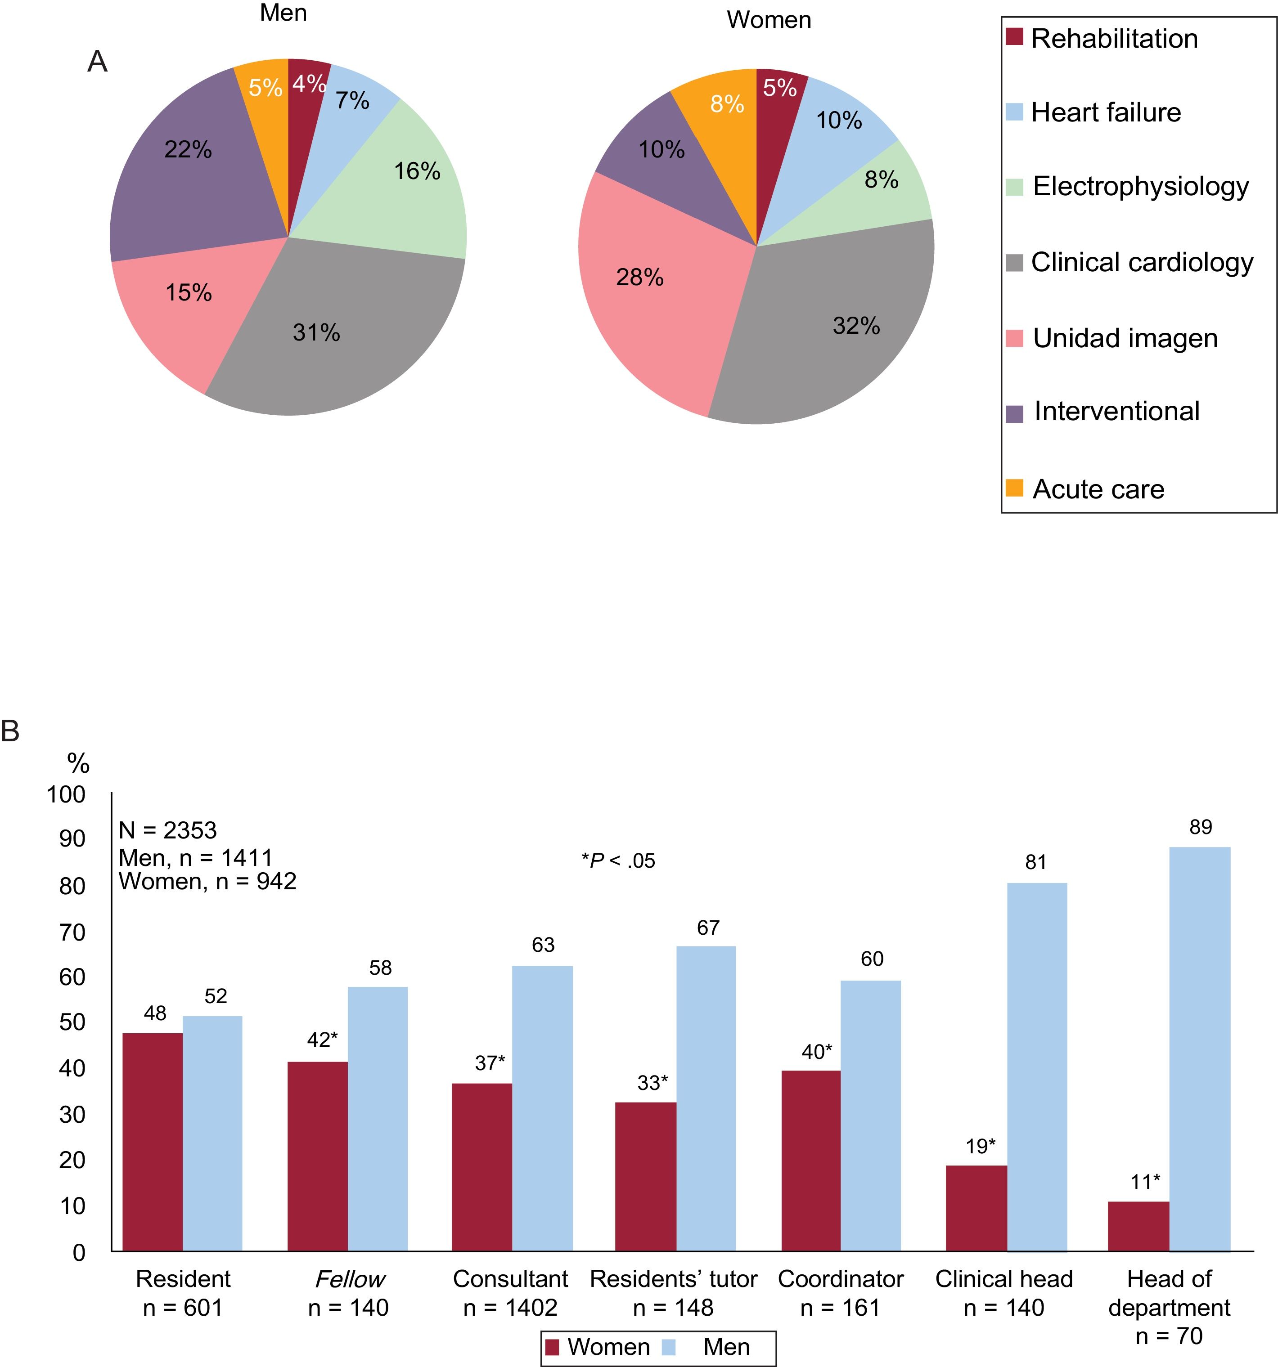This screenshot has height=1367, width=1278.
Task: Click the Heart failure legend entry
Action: pos(1105,112)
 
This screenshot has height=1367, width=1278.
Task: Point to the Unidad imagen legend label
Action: pos(1125,338)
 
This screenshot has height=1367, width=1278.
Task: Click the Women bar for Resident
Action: pos(153,1142)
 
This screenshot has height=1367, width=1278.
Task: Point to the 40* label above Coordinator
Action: pos(816,1052)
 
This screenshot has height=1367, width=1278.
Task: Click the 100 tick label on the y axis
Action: pos(66,795)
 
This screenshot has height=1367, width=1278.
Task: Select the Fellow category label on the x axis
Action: pos(349,1279)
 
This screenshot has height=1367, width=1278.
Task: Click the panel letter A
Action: pos(97,62)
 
